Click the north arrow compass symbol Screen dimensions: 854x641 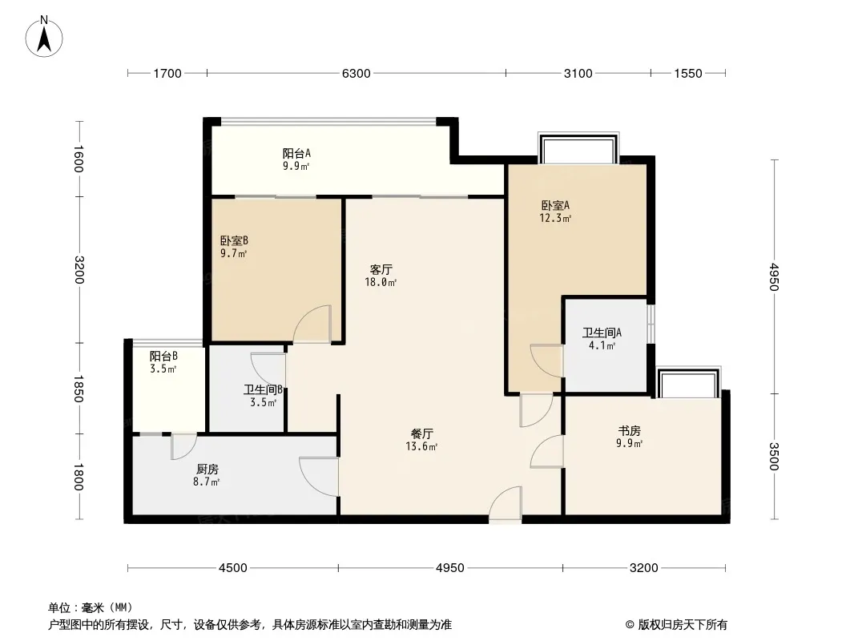44,37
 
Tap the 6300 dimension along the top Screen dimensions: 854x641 357,73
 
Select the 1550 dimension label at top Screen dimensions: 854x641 688,73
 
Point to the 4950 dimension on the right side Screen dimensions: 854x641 774,276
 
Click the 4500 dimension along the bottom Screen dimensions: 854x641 232,568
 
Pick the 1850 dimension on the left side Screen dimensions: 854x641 79,389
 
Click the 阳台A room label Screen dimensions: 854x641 296,154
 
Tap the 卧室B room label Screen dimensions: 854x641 234,240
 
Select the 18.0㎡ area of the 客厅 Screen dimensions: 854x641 381,282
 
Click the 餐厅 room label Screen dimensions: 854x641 421,434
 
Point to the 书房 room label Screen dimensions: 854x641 629,431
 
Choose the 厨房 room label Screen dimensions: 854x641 207,469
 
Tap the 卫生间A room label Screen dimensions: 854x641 602,333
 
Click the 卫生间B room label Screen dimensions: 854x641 263,390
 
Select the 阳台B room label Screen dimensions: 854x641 163,357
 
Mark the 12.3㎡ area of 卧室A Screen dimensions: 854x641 555,219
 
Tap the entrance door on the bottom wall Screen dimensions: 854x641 505,504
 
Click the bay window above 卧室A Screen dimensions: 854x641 578,147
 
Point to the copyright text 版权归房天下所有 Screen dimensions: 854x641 683,625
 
